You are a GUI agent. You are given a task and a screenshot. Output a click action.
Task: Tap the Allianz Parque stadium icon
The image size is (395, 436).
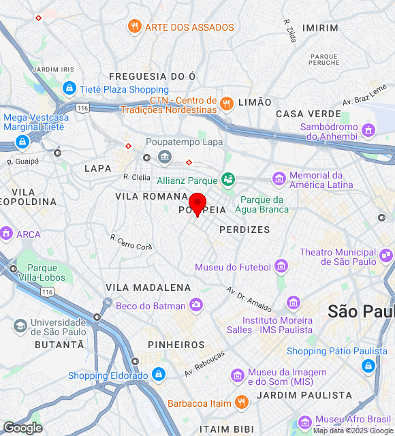(228, 180)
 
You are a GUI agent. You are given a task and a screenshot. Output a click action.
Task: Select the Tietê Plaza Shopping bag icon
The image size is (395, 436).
(69, 89)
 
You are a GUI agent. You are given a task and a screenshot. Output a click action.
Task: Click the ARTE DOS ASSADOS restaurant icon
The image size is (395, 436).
(134, 27)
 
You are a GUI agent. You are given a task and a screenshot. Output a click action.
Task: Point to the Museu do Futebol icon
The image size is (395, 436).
(281, 266)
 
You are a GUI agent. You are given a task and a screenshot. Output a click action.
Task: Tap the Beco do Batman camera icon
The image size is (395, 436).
(196, 305)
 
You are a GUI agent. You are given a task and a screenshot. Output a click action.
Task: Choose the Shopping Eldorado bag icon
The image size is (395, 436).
(158, 375)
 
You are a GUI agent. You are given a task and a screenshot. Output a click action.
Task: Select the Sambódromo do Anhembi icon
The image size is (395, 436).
(368, 129)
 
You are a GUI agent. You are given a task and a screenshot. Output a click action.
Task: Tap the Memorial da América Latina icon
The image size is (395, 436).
(279, 179)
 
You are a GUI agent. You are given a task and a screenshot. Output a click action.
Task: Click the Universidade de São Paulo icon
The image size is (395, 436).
(20, 326)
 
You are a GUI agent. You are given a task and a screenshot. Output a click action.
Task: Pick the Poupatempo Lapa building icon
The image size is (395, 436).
(165, 157)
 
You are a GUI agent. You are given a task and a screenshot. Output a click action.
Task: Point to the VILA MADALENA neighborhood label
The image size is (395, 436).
(148, 287)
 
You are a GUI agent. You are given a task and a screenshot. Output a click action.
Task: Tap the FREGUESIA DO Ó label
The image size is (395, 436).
(153, 76)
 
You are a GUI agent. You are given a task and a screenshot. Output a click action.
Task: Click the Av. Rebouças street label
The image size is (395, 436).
(204, 364)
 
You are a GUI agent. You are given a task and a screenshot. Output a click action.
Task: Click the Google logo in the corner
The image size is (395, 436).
(22, 428)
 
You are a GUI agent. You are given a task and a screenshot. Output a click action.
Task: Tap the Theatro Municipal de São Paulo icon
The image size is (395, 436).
(386, 256)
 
